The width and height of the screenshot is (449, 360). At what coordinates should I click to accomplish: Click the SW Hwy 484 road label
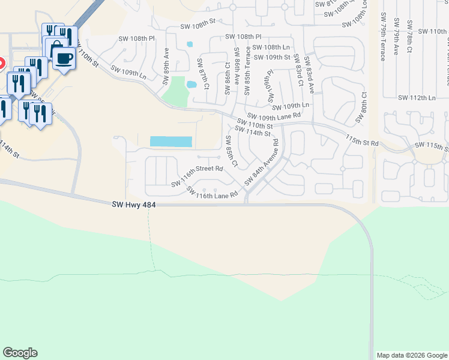[134, 205]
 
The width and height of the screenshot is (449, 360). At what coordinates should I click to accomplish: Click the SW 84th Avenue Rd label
[262, 163]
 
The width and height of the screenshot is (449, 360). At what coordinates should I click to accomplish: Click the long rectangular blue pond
[170, 142]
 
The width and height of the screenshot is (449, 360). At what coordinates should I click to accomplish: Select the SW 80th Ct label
[364, 107]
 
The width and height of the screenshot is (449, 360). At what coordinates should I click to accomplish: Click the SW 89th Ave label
[166, 63]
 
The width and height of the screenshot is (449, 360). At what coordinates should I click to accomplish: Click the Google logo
[20, 353]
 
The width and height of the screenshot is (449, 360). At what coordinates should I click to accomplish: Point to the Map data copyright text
[412, 355]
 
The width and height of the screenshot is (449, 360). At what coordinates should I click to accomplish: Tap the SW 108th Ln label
[271, 47]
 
